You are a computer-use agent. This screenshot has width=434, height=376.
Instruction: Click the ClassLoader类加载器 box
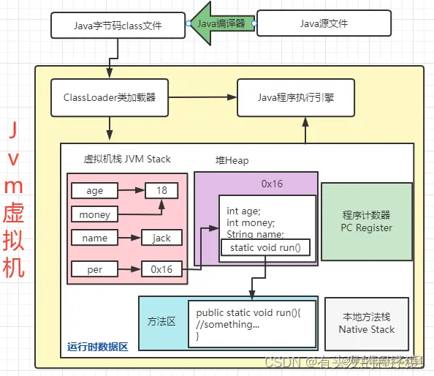[x=108, y=97]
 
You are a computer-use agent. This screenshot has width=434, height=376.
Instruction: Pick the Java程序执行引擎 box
[x=296, y=97]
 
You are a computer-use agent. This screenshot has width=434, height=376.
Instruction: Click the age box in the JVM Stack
[x=94, y=191]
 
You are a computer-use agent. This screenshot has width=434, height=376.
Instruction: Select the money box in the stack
[x=94, y=214]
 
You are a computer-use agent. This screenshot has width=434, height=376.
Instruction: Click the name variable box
[x=94, y=238]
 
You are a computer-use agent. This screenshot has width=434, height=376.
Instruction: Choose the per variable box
[x=94, y=268]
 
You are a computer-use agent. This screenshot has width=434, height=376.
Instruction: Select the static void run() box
[x=264, y=248]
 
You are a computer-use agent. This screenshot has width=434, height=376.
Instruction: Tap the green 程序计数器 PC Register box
[x=366, y=222]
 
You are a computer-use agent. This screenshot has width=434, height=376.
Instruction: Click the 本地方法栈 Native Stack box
[x=366, y=323]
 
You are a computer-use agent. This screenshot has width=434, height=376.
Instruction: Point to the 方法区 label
[x=161, y=322]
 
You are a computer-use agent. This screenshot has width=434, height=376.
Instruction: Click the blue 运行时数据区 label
[x=97, y=347]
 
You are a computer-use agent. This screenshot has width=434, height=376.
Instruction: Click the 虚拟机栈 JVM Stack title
[x=127, y=159]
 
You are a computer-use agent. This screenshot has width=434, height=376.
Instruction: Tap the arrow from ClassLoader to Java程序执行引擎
[x=201, y=97]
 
